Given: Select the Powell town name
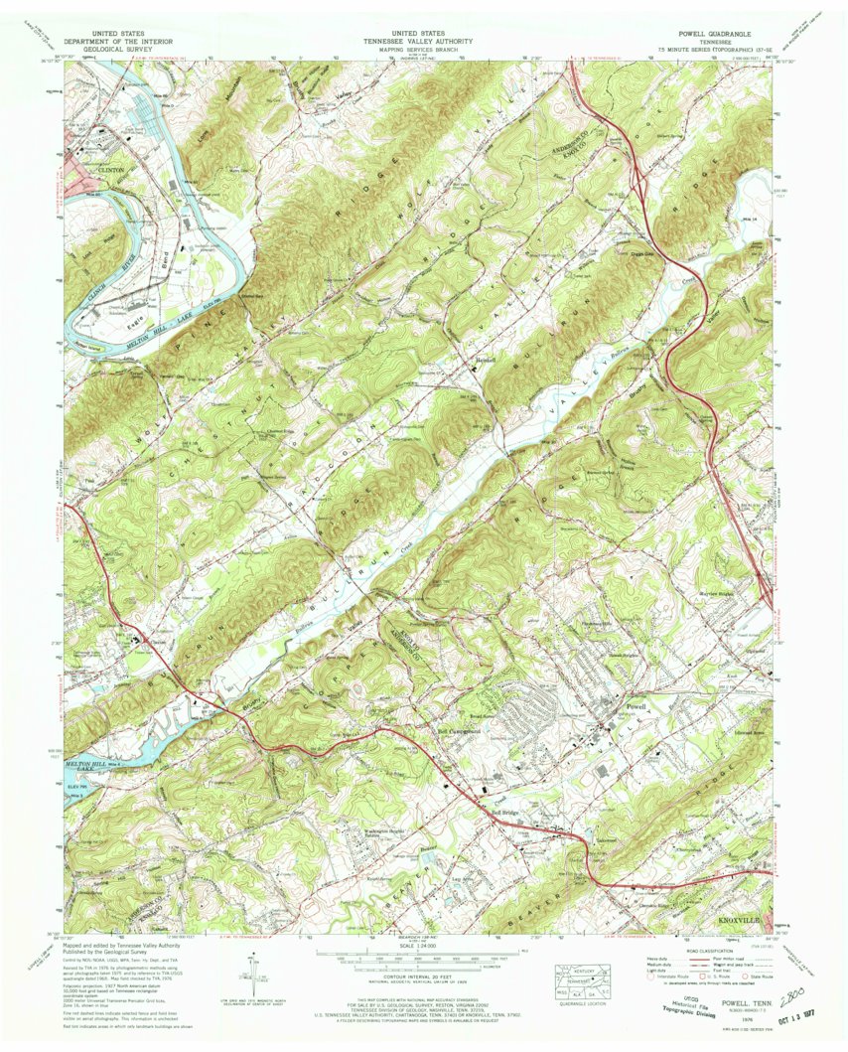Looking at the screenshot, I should pos(631,705).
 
